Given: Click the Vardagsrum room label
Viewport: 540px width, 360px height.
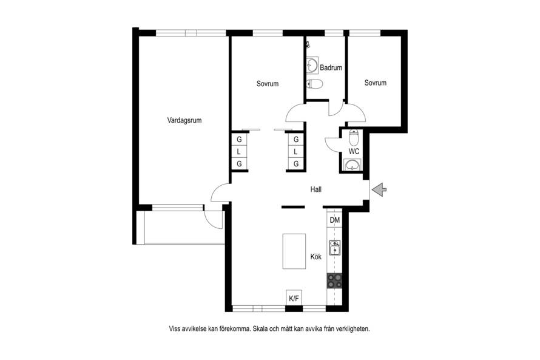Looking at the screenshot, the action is pos(184,120).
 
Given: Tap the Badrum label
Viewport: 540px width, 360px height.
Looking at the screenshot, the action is pos(331,67).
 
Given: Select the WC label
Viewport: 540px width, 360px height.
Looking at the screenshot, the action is pos(354,151).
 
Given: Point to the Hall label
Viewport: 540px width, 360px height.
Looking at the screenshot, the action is pos(316,189).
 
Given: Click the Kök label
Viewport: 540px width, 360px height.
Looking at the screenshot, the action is pos(316,257).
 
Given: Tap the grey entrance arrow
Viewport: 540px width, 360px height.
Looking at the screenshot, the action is pos(379,189).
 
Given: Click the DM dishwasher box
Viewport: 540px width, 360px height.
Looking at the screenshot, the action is pos(334,220).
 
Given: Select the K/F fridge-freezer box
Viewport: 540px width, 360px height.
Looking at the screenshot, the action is pos(294,298).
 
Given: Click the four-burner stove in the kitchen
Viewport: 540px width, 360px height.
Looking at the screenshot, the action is pos(334,280).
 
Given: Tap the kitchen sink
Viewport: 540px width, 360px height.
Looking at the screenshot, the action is pos(334,247).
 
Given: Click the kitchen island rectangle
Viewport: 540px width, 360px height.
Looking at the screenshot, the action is pos(294,251).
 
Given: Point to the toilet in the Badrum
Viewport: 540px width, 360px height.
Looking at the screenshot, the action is pos(314,84).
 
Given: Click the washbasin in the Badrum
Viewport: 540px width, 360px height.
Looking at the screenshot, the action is pos(312,65).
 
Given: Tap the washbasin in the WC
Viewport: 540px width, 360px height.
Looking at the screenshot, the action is pos(353,165).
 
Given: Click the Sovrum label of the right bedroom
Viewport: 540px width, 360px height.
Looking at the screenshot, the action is pos(376,83).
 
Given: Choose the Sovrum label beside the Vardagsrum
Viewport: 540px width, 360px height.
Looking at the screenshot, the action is pos(267,84).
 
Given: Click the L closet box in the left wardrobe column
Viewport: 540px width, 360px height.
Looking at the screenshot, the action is pos(238,152).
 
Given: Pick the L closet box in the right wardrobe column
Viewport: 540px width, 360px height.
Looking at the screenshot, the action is pos(296,152).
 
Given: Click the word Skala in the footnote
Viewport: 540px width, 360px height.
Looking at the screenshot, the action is pos(260,328).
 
